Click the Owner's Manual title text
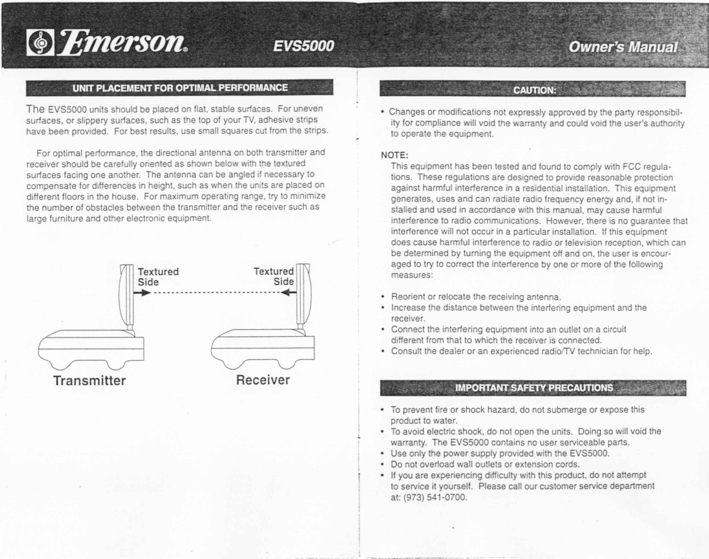pyautogui.click(x=623, y=47)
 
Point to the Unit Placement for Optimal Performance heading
pyautogui.click(x=180, y=88)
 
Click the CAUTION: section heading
pyautogui.click(x=535, y=90)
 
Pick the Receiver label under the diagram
pyautogui.click(x=263, y=380)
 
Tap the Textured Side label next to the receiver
pyautogui.click(x=274, y=276)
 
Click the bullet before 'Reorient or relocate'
pyautogui.click(x=383, y=297)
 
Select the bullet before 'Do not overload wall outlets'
pyautogui.click(x=382, y=465)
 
